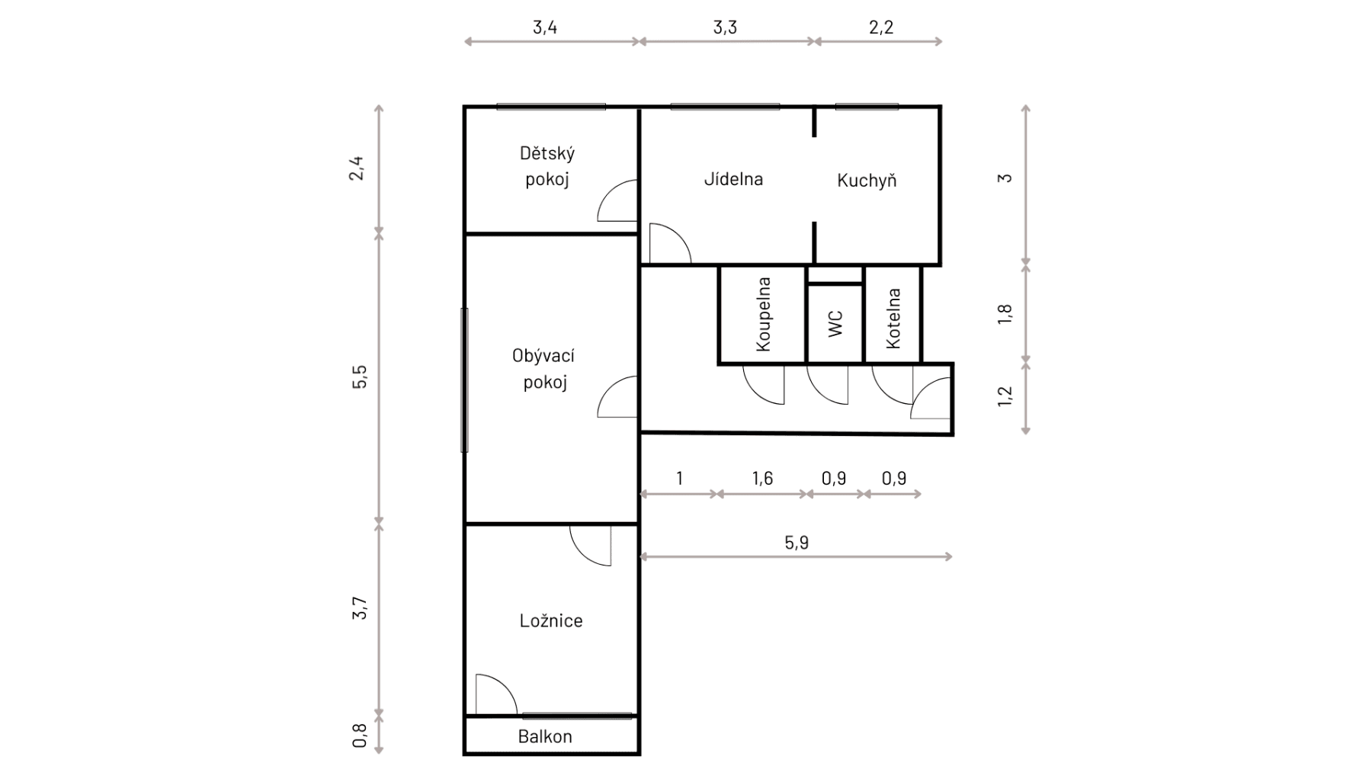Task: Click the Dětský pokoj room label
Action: click(547, 166)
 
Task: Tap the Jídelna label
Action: click(733, 179)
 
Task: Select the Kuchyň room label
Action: click(867, 181)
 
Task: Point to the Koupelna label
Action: click(763, 314)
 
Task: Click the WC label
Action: click(835, 324)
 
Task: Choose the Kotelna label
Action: click(893, 319)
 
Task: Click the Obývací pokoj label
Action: click(544, 369)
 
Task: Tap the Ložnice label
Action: click(551, 621)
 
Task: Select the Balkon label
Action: click(545, 737)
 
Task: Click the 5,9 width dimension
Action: click(796, 543)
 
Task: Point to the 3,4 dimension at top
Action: click(545, 28)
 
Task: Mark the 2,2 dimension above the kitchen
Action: click(880, 28)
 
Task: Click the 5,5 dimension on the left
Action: click(359, 377)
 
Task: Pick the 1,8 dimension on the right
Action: click(1005, 314)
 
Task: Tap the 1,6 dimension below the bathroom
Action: click(762, 479)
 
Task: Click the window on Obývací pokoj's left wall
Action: click(464, 380)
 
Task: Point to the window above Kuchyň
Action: click(867, 107)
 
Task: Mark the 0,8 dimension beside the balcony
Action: click(359, 735)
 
